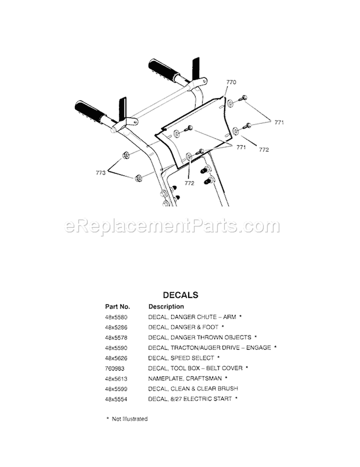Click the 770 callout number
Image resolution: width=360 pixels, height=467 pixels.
tap(231, 83)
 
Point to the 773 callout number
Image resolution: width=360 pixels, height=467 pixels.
tap(100, 173)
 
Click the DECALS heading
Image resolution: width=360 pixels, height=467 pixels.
tap(180, 295)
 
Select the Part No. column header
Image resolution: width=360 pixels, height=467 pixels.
tap(118, 306)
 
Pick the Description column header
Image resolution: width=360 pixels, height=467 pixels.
tap(166, 306)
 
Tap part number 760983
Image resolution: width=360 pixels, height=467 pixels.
tap(114, 368)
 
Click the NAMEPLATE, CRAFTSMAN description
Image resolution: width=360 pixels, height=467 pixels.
tap(185, 378)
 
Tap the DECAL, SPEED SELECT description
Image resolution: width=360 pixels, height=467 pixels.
tap(181, 358)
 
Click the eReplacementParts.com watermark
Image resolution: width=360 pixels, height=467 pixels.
tap(172, 226)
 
